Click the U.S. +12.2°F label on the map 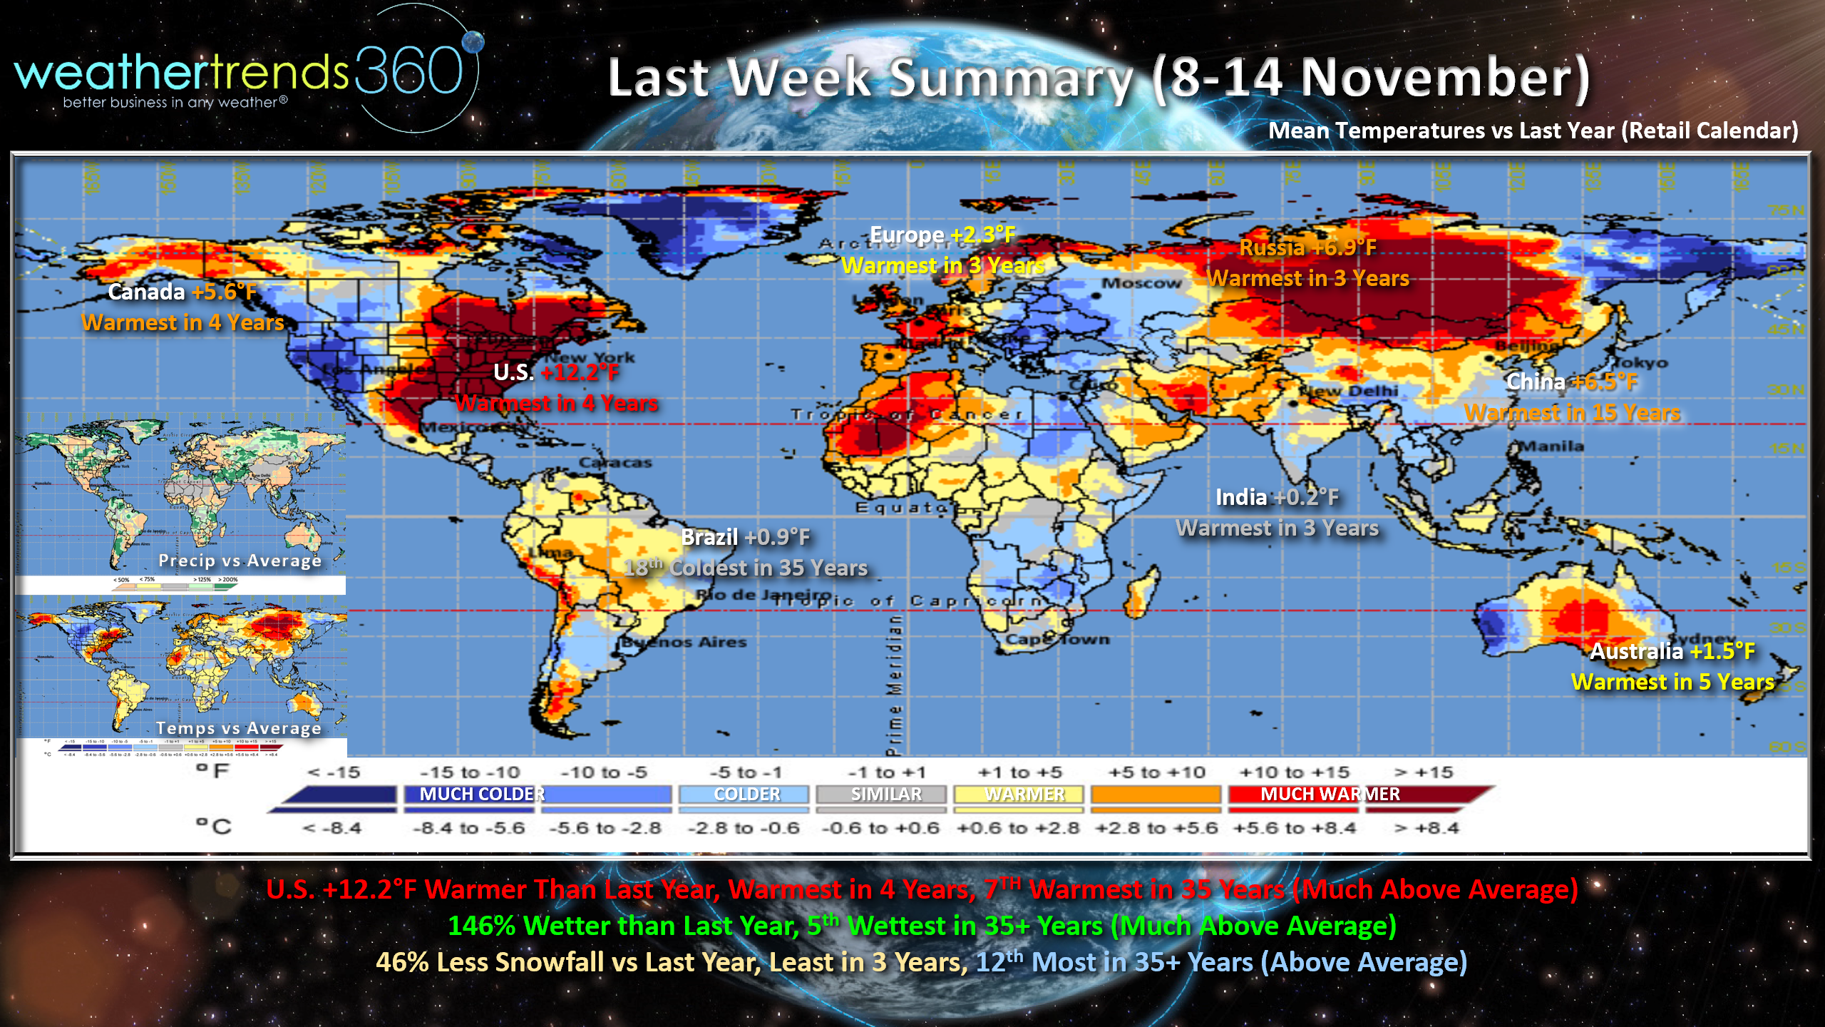pos(556,372)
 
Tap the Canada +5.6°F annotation pos(182,292)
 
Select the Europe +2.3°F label pos(942,235)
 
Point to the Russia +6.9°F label pos(1307,247)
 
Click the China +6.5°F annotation pos(1571,382)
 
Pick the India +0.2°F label pos(1277,497)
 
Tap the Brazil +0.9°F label pos(745,537)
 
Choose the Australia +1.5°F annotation pos(1672,651)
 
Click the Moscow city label pos(1141,283)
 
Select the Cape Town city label pos(1057,639)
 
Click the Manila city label pos(1551,446)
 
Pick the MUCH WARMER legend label pos(1330,794)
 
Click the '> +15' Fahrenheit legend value pos(1424,772)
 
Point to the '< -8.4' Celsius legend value pos(332,828)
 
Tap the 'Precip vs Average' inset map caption pos(240,561)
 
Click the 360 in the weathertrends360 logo pos(409,71)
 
